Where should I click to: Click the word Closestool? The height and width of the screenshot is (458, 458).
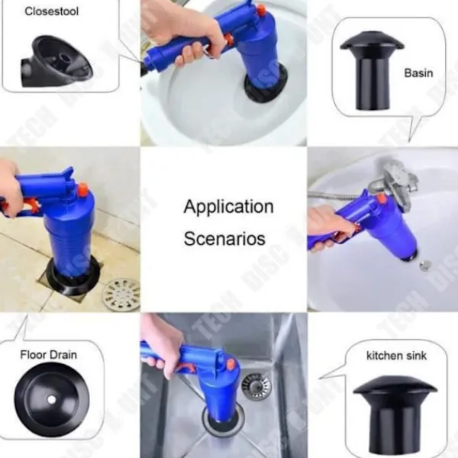click(x=51, y=11)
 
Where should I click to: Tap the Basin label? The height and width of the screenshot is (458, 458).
click(x=418, y=73)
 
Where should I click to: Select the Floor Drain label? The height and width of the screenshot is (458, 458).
click(x=49, y=355)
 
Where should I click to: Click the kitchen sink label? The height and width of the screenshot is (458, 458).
click(x=396, y=356)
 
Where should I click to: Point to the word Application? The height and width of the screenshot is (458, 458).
click(x=229, y=207)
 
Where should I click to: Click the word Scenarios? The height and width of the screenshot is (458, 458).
click(x=224, y=238)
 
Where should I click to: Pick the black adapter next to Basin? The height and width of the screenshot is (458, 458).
click(x=372, y=71)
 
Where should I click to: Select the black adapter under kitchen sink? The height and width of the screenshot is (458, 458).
click(x=395, y=414)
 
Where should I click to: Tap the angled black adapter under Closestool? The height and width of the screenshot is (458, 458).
click(x=56, y=61)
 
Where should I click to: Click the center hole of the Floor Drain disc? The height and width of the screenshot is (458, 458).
click(x=51, y=399)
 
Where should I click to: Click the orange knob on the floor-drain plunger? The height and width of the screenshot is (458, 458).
click(x=82, y=189)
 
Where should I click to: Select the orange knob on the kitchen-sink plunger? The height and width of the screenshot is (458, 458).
click(x=231, y=365)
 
